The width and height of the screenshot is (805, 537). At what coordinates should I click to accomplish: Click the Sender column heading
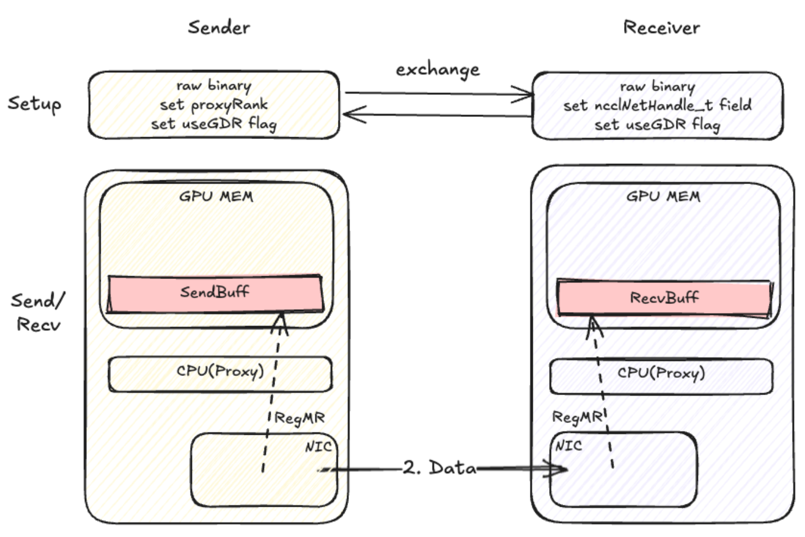pos(219,27)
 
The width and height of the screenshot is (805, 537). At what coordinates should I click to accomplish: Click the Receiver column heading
pos(661,27)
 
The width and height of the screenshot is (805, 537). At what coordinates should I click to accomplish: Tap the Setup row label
pos(34,103)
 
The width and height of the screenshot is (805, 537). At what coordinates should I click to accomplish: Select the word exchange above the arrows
pos(437,70)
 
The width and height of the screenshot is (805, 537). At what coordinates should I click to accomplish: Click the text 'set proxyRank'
pos(213,105)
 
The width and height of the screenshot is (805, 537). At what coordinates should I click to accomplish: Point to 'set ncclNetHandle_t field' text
pos(657,105)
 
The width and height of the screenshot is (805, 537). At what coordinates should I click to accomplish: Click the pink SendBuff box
pos(215,292)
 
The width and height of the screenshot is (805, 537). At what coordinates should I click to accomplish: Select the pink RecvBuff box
pos(664,298)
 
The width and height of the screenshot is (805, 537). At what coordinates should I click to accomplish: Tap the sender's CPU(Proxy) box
pos(220,373)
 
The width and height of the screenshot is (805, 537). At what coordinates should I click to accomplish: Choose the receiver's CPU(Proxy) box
pos(661,374)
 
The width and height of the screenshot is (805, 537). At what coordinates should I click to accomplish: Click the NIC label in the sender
pos(318,446)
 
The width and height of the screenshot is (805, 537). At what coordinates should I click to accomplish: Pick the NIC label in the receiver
pos(568,446)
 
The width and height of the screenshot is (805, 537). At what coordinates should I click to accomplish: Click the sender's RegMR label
pos(299,418)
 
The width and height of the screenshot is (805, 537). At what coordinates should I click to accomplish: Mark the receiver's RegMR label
pos(578,417)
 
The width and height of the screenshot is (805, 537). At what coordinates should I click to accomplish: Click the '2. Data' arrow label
pos(440,467)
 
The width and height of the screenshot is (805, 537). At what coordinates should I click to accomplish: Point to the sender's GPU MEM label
pos(216,196)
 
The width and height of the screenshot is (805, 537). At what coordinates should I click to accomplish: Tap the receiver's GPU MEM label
pos(663,196)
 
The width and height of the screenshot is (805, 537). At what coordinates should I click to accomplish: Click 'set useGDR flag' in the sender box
pos(213,124)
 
